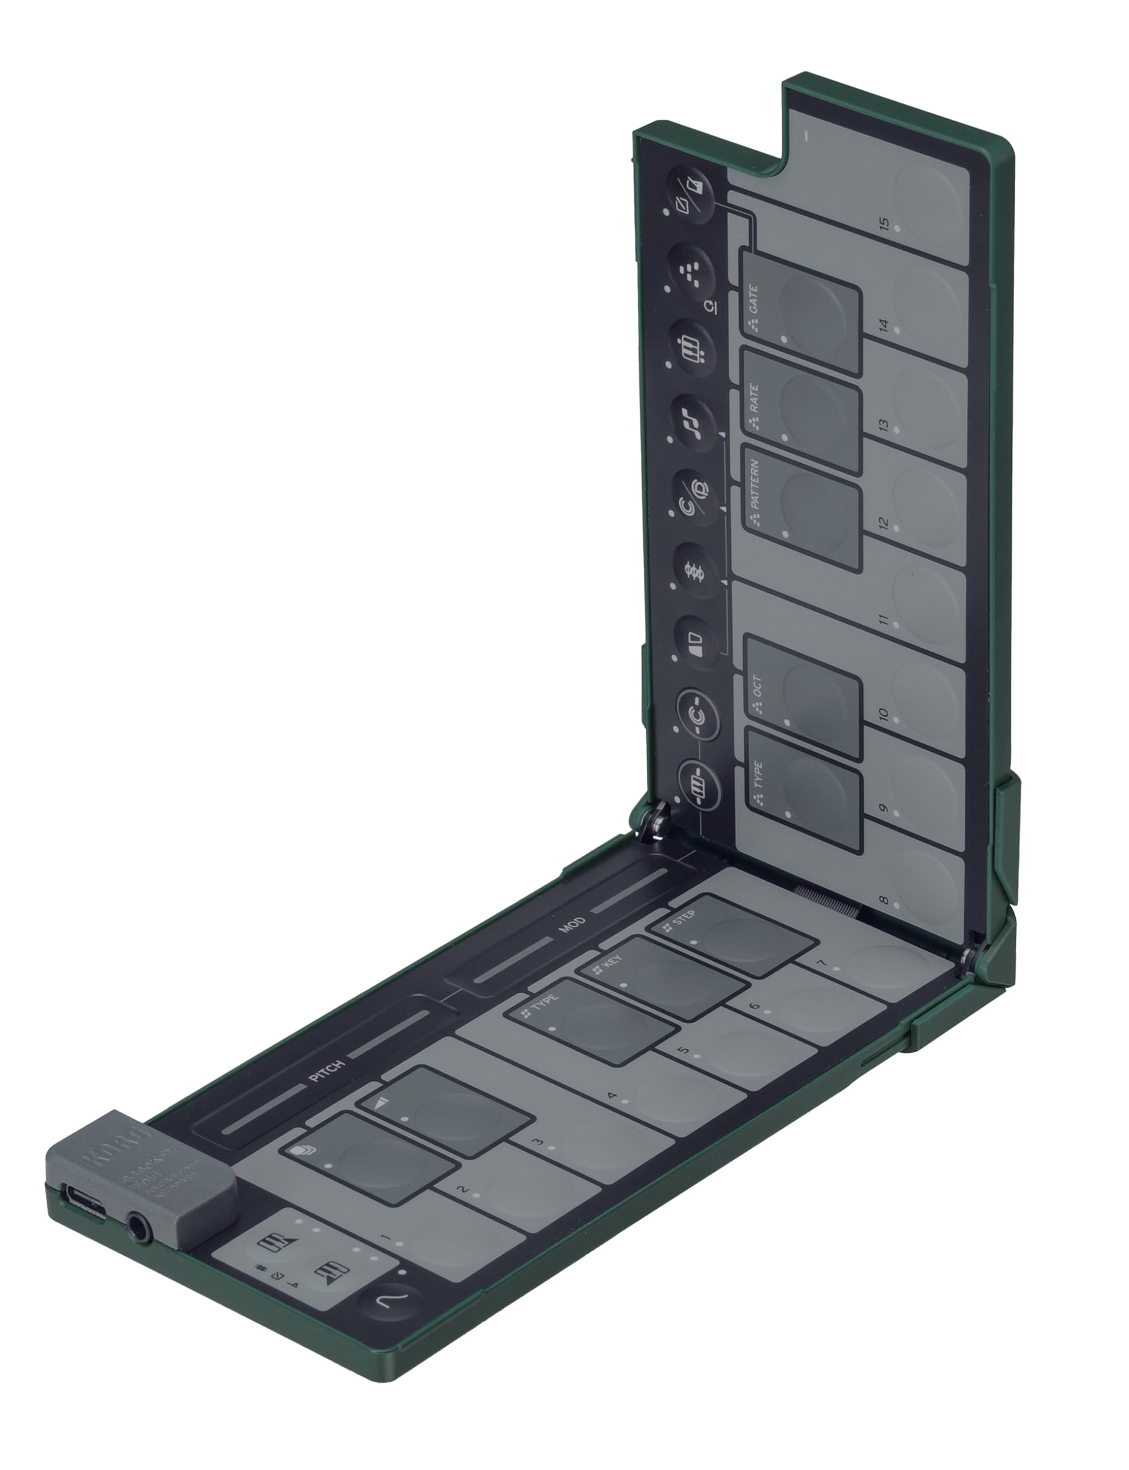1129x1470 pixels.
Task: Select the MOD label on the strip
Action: tap(573, 925)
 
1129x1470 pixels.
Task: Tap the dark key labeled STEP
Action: tap(730, 935)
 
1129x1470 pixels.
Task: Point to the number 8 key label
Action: tap(884, 900)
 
